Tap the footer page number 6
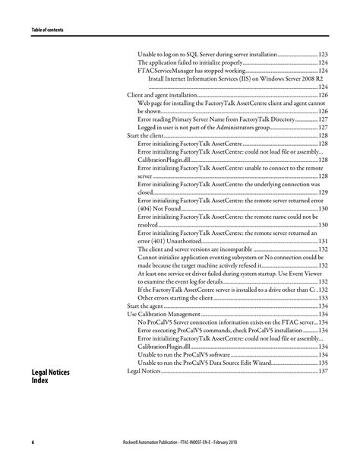(33, 442)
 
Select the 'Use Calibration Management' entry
(158, 313)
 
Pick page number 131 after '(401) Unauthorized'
(321, 240)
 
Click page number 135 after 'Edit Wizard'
(321, 362)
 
